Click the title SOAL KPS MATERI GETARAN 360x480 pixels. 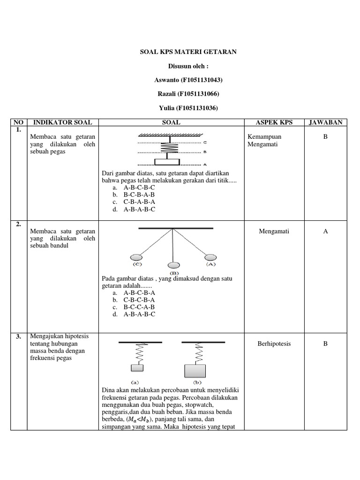tap(188, 52)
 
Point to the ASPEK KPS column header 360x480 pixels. tap(274, 122)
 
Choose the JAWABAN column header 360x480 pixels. tap(325, 122)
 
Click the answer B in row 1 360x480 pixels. tap(324, 136)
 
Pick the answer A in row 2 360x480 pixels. tap(325, 231)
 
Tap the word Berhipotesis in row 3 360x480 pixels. tap(274, 344)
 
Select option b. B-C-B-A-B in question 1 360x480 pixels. tap(139, 195)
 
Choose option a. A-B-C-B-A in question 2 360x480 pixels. tap(139, 292)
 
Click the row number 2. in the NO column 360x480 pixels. tap(18, 225)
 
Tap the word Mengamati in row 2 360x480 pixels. tap(274, 231)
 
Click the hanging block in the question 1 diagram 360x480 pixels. tap(167, 162)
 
